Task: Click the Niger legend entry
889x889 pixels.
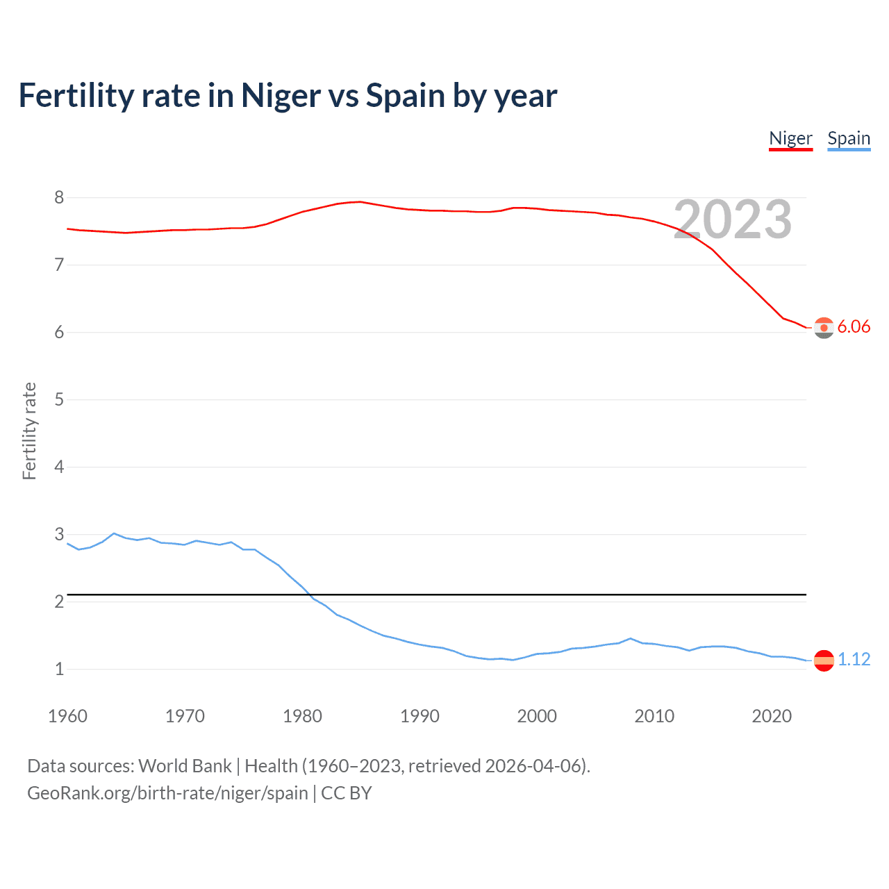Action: pos(790,138)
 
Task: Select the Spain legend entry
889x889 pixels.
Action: pos(849,138)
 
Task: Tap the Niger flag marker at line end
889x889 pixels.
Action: pos(824,327)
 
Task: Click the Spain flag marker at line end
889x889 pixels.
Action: pos(824,660)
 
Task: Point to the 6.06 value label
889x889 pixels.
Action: pos(854,326)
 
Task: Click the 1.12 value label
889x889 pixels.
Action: pos(854,659)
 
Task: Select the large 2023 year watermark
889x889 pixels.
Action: pos(733,219)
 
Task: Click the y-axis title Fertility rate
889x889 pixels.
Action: pos(29,431)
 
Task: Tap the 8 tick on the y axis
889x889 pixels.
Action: pos(59,197)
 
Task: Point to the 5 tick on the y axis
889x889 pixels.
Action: pos(59,399)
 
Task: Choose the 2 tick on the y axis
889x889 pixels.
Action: pos(59,601)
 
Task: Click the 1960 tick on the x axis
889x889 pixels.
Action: pos(67,716)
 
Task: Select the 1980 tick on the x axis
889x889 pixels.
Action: pos(302,716)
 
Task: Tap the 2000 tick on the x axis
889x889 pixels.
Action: pos(537,716)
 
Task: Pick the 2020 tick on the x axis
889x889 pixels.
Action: pos(772,716)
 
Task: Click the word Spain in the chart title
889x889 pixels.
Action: pos(406,96)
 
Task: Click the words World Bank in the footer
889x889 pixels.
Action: pos(185,766)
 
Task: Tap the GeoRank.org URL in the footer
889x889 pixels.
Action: pos(167,793)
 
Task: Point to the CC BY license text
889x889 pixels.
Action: pos(347,793)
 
